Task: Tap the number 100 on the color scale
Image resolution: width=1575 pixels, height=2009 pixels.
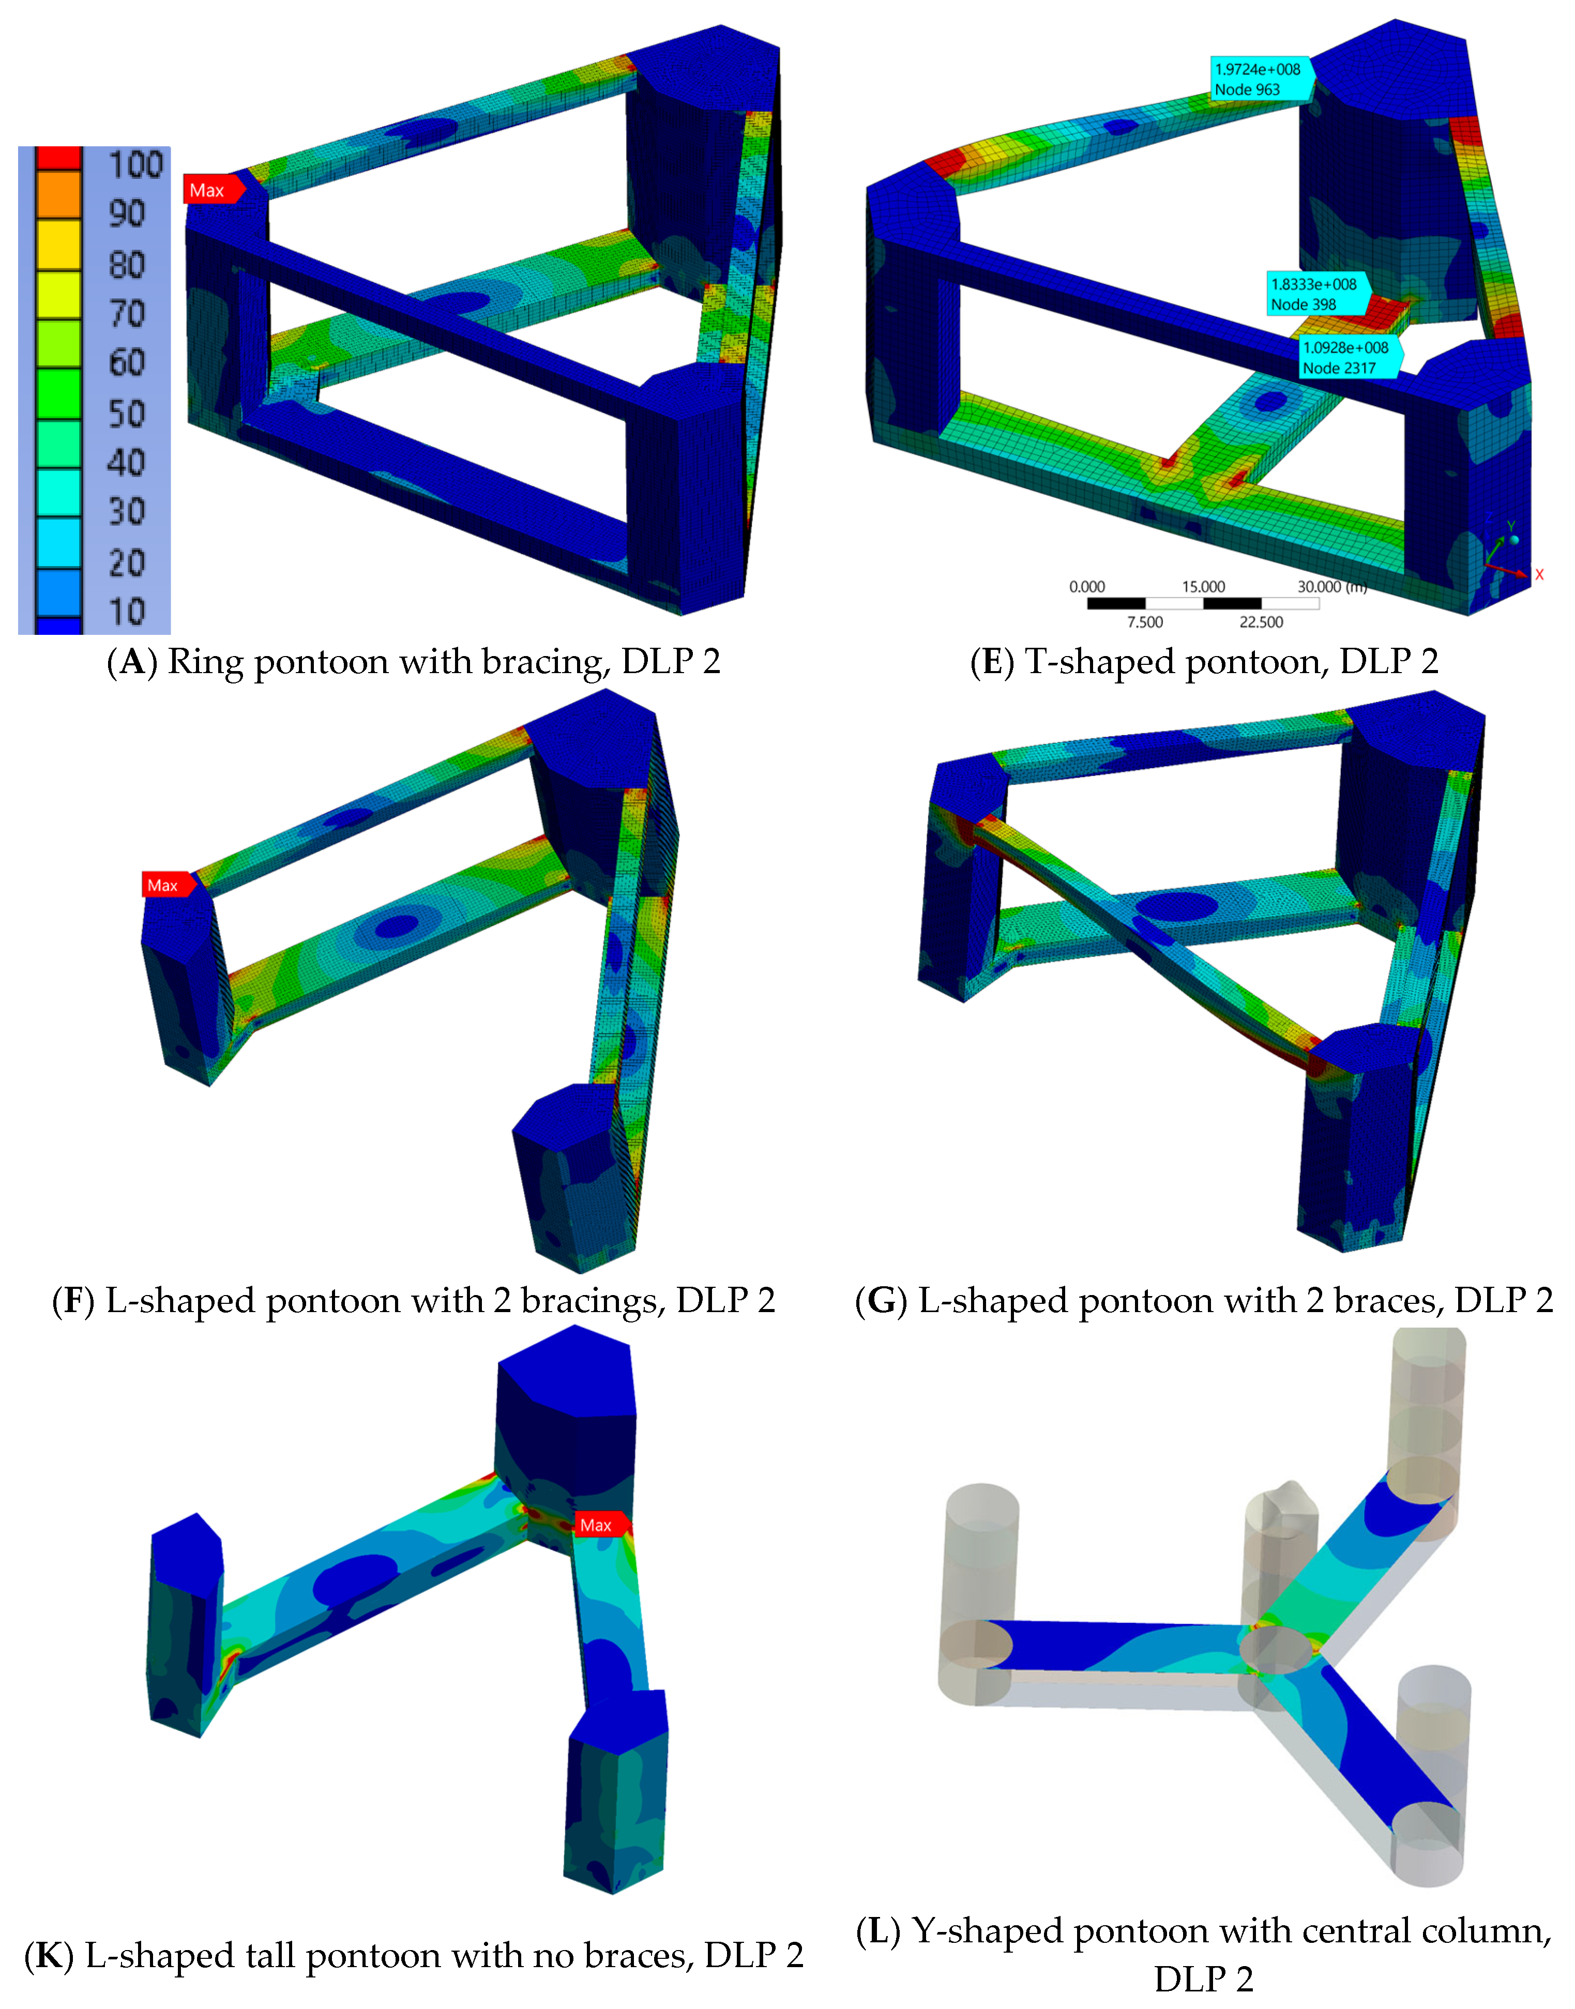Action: pyautogui.click(x=135, y=165)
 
